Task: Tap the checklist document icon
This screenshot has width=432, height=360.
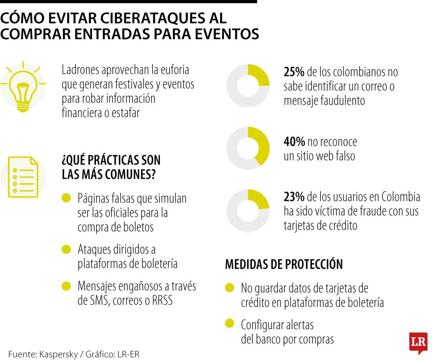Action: pos(23,177)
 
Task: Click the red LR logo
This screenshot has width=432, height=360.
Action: pos(418,342)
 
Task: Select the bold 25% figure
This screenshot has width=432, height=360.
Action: pos(294,72)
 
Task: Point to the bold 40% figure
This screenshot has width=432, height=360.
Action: pos(294,142)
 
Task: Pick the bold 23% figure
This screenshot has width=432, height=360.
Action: pos(294,196)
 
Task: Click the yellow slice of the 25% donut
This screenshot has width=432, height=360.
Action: pos(259,75)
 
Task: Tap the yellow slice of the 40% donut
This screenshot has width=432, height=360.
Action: pos(261,145)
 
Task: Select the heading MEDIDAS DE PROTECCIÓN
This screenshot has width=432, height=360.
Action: pos(284,264)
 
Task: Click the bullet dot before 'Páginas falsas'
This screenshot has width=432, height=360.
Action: pos(66,198)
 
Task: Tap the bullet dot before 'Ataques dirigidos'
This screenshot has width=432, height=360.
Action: pos(66,250)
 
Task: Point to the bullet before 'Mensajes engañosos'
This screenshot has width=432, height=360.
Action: pos(66,286)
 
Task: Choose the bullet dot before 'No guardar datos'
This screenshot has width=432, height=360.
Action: pos(230,288)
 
